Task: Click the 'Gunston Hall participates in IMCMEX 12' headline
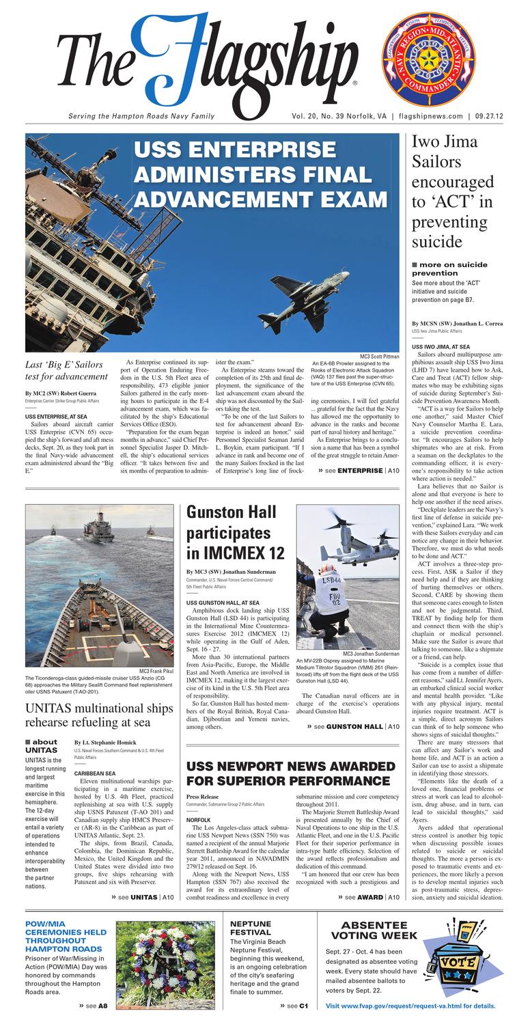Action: [233, 533]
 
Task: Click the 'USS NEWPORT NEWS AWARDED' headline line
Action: [290, 766]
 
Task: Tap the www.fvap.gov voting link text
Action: [410, 1006]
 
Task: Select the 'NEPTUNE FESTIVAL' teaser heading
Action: [250, 928]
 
